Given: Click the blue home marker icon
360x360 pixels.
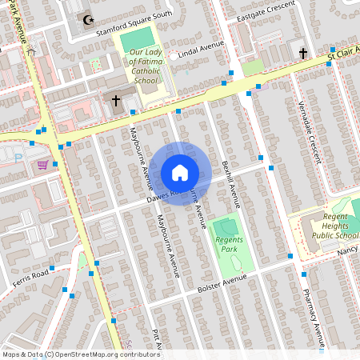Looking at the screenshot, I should pos(179,173).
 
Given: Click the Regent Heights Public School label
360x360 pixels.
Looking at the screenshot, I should pos(335,226).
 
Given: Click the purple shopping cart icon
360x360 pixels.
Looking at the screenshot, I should pos(42,165).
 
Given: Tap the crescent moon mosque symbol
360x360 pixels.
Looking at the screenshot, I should pos(86,18).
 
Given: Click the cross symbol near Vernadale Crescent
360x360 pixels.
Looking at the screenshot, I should pos(303,53).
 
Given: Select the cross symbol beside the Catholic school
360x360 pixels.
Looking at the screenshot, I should pos(116,101).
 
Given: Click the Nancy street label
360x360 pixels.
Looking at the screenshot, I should pos(347,250).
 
